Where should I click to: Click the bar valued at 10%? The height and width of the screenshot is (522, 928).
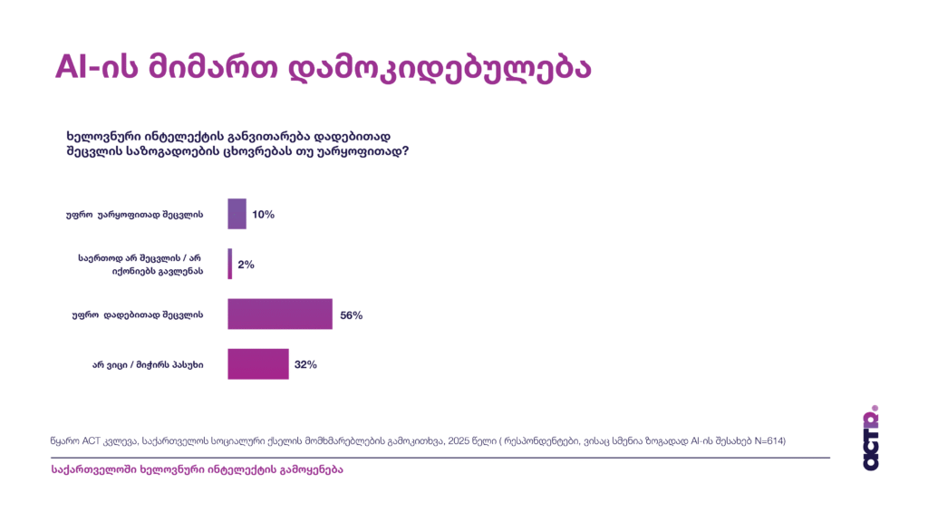(x=237, y=214)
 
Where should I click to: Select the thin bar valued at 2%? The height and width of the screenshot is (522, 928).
(x=229, y=264)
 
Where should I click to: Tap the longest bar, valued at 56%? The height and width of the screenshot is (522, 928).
(x=279, y=314)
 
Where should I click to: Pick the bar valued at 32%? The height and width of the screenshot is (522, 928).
(x=257, y=363)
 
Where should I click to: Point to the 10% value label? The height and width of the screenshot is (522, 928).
(x=263, y=215)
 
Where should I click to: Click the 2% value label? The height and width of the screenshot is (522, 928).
(x=246, y=265)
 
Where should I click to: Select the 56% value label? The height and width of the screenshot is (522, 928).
(x=351, y=314)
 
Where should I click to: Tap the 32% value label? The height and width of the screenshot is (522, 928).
(x=305, y=364)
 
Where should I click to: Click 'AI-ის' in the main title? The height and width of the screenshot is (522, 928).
(x=95, y=68)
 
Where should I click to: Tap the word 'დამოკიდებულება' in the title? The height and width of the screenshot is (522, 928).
(x=439, y=68)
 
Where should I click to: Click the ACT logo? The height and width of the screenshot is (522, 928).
(x=871, y=438)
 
